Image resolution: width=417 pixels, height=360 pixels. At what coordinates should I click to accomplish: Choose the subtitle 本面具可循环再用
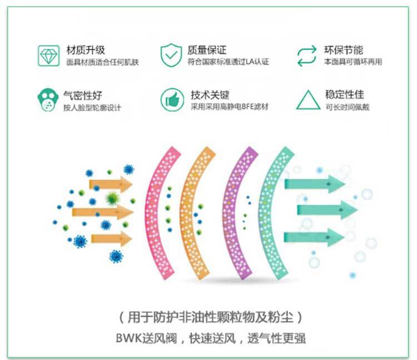353,62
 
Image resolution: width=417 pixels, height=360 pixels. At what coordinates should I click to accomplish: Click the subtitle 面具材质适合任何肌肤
102,62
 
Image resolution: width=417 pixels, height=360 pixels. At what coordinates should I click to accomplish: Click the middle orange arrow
103,212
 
